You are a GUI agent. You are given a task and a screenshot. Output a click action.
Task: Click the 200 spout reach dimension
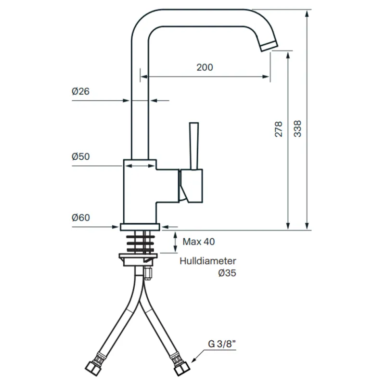pos(205,67)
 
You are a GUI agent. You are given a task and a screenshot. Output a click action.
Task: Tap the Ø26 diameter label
pos(80,91)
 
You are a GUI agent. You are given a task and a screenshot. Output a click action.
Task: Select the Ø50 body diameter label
pos(80,156)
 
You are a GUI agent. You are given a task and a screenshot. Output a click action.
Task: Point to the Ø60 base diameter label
pos(80,218)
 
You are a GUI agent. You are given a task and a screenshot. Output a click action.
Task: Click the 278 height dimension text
pos(279,129)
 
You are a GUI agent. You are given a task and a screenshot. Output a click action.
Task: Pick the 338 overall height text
pos(297,128)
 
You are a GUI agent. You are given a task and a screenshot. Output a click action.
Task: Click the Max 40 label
pos(199,242)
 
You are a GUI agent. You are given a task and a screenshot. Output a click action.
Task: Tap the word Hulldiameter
pos(208,261)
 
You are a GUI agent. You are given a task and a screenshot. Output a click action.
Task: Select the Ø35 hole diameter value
pos(227,273)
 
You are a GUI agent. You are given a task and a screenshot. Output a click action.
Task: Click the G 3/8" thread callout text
pos(222,344)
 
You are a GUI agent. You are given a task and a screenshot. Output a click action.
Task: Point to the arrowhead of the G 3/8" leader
pos(194,360)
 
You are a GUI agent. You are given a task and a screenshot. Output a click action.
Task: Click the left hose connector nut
pos(92,368)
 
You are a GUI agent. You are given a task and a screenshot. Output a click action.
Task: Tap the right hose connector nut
pos(182,369)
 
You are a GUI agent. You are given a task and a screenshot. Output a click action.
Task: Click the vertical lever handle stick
pos(194,146)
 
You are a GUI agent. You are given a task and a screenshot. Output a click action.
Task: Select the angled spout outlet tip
pos(269,46)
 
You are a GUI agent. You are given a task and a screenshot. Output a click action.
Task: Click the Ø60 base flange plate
pos(140,227)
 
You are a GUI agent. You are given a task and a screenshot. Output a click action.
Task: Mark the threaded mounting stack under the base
pos(141,244)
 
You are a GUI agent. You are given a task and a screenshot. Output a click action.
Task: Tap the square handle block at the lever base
pos(191,186)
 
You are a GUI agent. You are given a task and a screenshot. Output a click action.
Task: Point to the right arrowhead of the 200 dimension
pos(266,77)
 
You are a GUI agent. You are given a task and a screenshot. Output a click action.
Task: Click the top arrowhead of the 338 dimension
pos(307,13)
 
